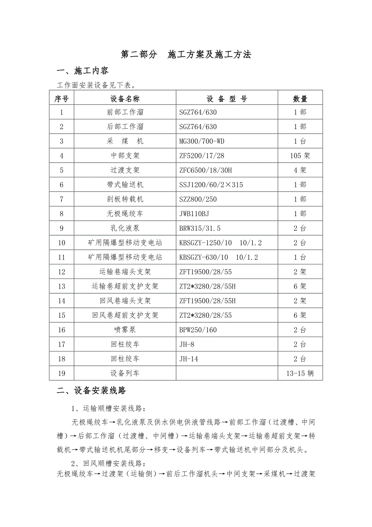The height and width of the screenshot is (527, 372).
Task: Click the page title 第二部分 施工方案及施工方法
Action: pyautogui.click(x=186, y=55)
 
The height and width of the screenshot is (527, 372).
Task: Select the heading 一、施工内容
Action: pyautogui.click(x=82, y=71)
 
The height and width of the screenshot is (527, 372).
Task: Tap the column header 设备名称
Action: pyautogui.click(x=125, y=99)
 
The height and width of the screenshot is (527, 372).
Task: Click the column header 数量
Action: pyautogui.click(x=300, y=99)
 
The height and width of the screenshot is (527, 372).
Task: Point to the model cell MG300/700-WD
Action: pyautogui.click(x=202, y=141)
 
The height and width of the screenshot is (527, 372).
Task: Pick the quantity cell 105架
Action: pyautogui.click(x=300, y=156)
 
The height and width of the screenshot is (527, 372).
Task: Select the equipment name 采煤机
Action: pyautogui.click(x=125, y=141)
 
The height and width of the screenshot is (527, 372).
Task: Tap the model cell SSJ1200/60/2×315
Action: pyautogui.click(x=211, y=185)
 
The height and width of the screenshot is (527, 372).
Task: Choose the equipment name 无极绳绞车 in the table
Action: pyautogui.click(x=125, y=214)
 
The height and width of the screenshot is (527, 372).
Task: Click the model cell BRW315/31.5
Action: pyautogui.click(x=200, y=228)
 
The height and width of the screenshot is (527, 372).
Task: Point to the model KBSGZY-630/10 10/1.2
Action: pyautogui.click(x=218, y=257)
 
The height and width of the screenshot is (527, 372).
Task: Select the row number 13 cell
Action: pyautogui.click(x=61, y=286)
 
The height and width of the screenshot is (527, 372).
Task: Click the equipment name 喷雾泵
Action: pyautogui.click(x=125, y=330)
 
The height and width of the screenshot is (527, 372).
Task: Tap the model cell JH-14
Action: pyautogui.click(x=189, y=359)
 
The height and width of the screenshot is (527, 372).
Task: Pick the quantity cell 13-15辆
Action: pyautogui.click(x=300, y=373)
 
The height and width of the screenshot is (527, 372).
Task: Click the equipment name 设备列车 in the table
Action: pyautogui.click(x=125, y=373)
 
